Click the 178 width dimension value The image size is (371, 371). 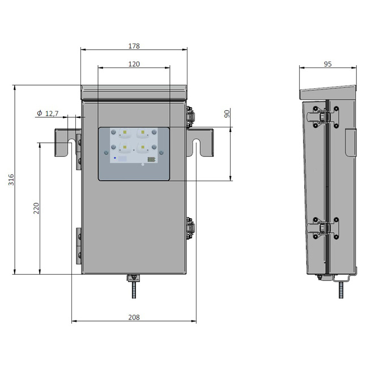(x=134, y=46)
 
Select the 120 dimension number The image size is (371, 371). (x=134, y=64)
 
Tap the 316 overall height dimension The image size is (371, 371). (x=11, y=180)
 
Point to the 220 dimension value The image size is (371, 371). (x=36, y=208)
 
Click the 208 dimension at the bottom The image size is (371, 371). (x=134, y=317)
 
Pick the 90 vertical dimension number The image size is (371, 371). (x=227, y=114)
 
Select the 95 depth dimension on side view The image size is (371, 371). (x=328, y=64)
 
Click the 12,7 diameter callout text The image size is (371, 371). (x=52, y=114)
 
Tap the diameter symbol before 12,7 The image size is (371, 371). (x=40, y=113)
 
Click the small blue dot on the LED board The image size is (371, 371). (x=115, y=157)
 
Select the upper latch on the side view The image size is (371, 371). (x=322, y=117)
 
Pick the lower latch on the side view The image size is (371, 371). (x=322, y=228)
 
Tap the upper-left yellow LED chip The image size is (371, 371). (x=125, y=132)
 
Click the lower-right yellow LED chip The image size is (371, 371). (x=143, y=147)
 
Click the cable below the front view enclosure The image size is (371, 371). (x=134, y=290)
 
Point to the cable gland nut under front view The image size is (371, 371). (x=134, y=278)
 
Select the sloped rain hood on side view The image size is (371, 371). (x=328, y=92)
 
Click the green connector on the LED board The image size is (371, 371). (x=151, y=160)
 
